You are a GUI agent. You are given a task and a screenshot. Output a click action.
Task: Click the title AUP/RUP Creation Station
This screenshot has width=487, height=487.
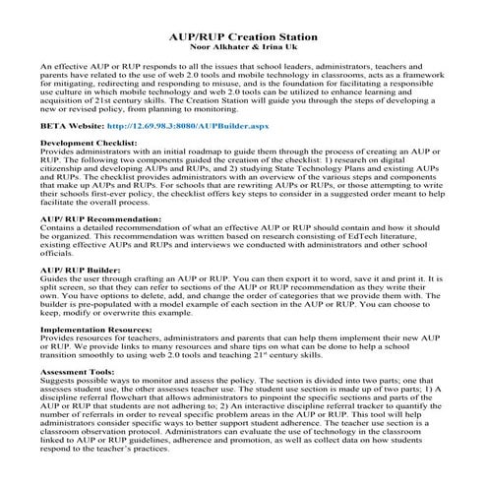point(243,35)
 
